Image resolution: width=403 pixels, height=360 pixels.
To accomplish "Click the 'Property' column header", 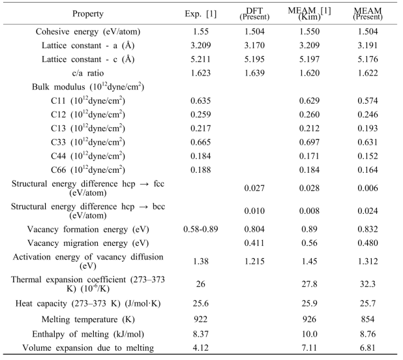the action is (x=88, y=14).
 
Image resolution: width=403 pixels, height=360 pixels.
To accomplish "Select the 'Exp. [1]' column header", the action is (x=201, y=14).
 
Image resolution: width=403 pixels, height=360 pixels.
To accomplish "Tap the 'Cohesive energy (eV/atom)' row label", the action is (x=88, y=31).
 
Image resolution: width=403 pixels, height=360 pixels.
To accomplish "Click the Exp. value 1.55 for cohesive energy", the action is (x=201, y=31).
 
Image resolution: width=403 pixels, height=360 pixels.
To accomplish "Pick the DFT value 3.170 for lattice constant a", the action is (x=254, y=46).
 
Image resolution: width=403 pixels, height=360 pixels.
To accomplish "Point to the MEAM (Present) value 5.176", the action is (x=368, y=59).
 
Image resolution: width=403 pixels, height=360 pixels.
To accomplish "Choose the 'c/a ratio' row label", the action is (x=88, y=73).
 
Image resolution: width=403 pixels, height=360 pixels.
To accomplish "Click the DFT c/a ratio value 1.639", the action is (x=254, y=73).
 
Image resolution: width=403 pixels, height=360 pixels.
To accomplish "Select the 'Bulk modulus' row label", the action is (x=88, y=87).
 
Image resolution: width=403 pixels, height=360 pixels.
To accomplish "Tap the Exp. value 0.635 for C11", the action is (x=201, y=100).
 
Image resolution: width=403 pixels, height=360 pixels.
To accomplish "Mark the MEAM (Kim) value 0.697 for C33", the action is (x=310, y=142).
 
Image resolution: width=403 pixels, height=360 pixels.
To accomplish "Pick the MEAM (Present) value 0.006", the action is (x=368, y=188).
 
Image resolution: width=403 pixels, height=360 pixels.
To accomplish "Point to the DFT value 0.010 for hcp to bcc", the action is (x=254, y=211).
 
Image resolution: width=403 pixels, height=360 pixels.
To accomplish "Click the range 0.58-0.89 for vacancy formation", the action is (x=201, y=229).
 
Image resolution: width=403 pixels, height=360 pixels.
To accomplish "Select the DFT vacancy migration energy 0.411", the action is (x=254, y=243).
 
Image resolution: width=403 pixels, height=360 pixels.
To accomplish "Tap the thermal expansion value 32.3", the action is (x=368, y=284).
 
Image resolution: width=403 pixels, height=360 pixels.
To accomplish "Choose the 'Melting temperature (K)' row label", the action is (x=88, y=320).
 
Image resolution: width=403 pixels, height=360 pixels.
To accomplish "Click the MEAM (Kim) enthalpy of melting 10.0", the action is (x=310, y=334).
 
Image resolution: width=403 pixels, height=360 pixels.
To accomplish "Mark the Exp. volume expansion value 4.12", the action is (x=201, y=348).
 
